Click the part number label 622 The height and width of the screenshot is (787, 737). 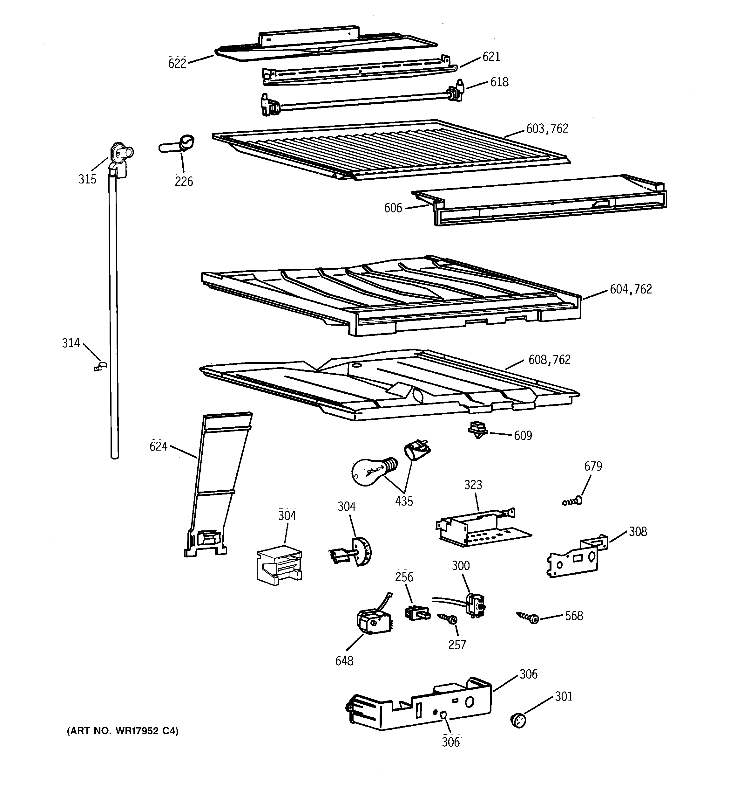[177, 63]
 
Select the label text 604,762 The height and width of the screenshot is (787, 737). [631, 289]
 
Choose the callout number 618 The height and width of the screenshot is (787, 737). [499, 82]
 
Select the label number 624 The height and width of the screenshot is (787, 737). [158, 446]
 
